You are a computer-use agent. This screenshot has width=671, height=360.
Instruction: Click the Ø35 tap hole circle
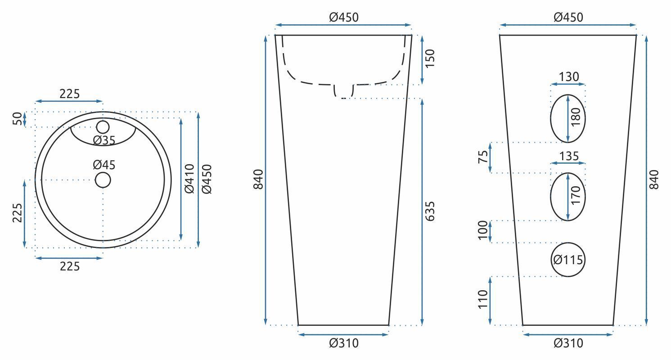(x=103, y=121)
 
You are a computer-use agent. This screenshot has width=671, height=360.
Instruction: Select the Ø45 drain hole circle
(x=103, y=173)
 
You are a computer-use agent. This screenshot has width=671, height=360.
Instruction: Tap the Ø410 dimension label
(x=189, y=179)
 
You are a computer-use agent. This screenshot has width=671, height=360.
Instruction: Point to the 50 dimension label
(x=18, y=119)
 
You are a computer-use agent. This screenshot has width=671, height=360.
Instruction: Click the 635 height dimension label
(x=430, y=211)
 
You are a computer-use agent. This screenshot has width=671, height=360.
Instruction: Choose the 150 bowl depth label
(x=430, y=58)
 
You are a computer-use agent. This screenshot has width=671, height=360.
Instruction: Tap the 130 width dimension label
(x=569, y=77)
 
